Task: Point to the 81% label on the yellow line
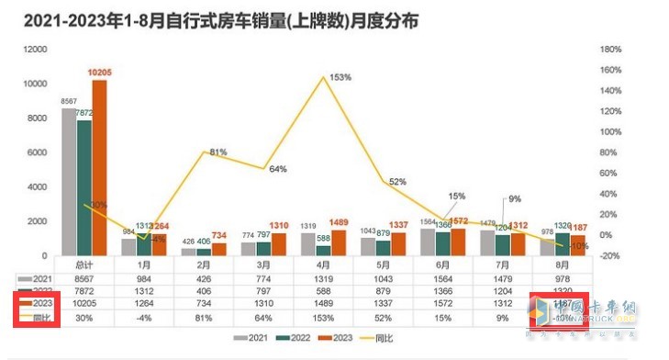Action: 218,152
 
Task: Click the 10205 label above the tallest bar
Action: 100,72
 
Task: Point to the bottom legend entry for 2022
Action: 308,339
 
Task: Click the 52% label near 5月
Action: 397,182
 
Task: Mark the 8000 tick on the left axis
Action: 36,118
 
